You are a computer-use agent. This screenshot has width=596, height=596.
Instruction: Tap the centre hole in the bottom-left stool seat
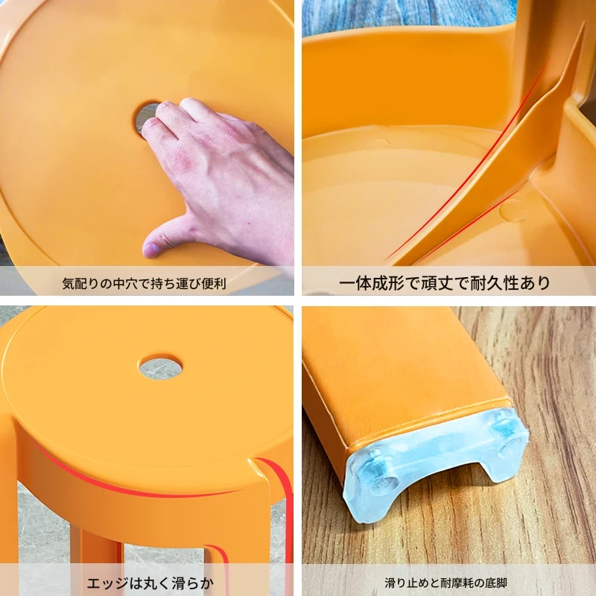tap(160, 367)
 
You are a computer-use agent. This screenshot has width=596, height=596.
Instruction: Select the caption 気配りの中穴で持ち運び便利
tap(144, 284)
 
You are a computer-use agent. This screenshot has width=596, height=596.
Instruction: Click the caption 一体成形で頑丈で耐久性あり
tap(444, 283)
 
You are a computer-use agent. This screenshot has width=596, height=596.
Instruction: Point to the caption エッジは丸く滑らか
tap(150, 583)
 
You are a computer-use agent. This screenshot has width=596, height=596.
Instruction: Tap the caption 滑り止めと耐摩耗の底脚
tap(446, 583)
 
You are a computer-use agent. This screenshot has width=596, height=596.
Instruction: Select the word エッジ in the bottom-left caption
tap(107, 583)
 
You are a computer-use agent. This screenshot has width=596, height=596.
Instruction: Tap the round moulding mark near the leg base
tap(513, 210)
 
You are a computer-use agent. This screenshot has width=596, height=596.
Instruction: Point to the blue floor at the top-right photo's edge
tap(410, 17)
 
